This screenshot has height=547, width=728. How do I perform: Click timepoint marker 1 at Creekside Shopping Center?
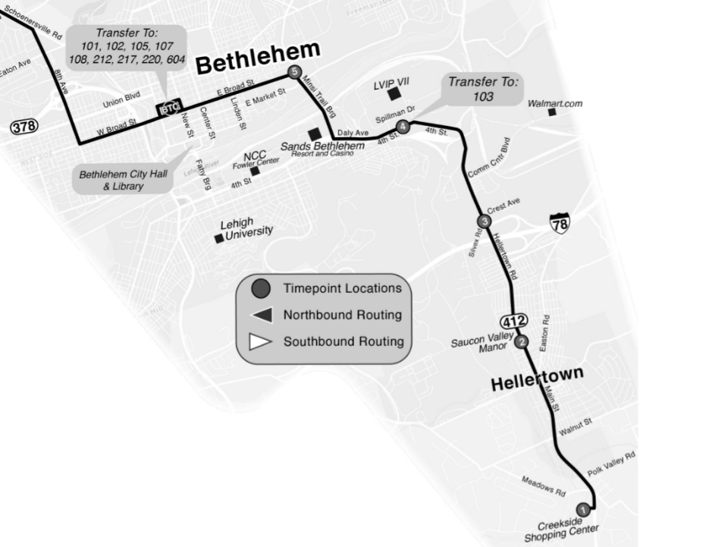582,509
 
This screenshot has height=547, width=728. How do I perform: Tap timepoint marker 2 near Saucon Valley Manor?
522,341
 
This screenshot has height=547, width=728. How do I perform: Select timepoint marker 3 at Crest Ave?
485,221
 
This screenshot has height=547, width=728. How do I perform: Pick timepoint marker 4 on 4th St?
403,127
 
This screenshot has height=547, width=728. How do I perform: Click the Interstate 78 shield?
560,223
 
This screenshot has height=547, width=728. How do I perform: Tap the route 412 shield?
513,321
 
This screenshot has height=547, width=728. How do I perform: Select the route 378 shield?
24,127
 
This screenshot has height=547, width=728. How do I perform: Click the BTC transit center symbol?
168,109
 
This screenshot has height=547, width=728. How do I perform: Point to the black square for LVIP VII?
394,95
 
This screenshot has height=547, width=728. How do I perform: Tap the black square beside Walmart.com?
552,112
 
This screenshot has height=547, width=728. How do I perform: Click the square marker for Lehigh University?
219,238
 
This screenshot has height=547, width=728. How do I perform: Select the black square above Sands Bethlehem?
314,134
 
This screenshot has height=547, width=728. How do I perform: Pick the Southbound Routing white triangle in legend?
262,341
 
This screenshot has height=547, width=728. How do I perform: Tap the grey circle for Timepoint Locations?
262,288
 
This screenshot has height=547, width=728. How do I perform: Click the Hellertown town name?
537,378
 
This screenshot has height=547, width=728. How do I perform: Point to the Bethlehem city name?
258,58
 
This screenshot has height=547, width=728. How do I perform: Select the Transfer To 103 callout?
483,89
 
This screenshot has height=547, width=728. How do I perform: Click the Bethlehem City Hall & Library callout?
123,181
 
